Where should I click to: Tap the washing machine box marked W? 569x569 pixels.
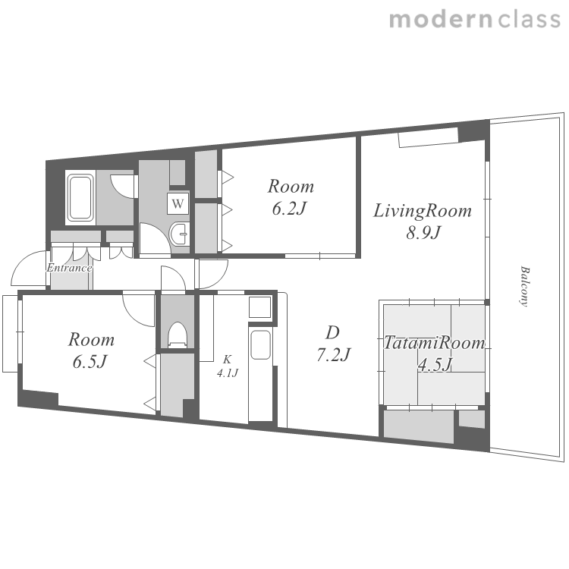coord(178,203)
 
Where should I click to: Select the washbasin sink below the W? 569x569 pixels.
coord(179,234)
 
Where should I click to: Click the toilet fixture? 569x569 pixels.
coord(178,335)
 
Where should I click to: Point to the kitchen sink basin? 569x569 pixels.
coord(260,344)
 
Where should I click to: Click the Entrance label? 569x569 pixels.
coord(69,268)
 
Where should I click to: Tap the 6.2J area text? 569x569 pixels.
coord(289,209)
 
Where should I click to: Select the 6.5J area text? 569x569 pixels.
coord(90,362)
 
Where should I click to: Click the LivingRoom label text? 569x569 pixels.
coord(423,211)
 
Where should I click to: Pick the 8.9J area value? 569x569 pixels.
coord(423,233)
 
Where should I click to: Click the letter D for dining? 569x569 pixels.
coord(332,332)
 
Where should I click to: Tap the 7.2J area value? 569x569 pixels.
coord(333,354)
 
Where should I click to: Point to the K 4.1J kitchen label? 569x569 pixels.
coord(227,366)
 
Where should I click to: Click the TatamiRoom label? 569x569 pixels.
coord(435,343)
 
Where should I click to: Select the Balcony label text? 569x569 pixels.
coord(525,287)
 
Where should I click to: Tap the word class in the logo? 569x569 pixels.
coord(529,19)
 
